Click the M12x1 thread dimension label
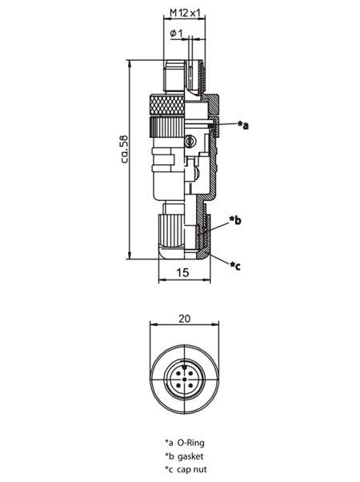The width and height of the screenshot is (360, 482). (x=185, y=13)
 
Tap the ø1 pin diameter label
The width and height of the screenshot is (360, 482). (x=176, y=33)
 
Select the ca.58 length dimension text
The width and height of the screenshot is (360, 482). (x=125, y=149)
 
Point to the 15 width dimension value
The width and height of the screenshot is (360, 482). (x=183, y=272)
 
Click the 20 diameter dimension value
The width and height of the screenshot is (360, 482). (x=184, y=319)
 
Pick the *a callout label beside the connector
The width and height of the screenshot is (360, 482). (x=243, y=125)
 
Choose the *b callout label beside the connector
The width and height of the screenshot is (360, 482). (x=235, y=220)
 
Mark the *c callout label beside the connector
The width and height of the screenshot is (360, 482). (x=235, y=266)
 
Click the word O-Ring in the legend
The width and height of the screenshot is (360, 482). (x=190, y=443)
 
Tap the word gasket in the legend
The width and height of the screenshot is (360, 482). (x=190, y=456)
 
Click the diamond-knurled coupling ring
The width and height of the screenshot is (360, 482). (x=167, y=105)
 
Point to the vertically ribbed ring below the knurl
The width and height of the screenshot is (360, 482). (x=167, y=127)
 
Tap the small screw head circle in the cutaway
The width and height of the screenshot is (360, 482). (x=190, y=141)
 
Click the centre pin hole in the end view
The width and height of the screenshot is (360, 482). (x=184, y=380)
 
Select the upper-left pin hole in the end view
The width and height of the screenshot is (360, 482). (x=178, y=373)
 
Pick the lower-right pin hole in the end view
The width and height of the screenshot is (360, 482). (x=190, y=385)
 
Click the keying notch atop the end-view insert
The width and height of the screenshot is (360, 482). (x=184, y=367)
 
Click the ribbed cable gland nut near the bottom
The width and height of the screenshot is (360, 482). (x=171, y=230)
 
